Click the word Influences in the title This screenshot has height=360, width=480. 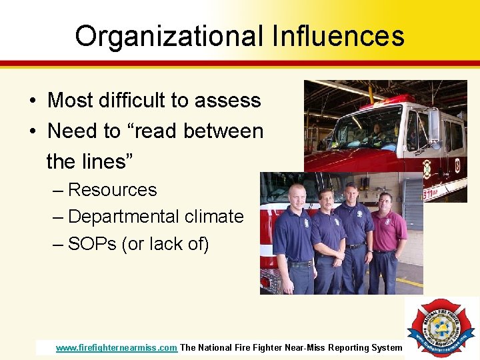coord(338,36)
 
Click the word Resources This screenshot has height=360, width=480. coord(113,190)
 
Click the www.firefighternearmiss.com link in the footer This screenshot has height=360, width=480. coord(117,347)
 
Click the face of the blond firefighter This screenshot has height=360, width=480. coord(296,195)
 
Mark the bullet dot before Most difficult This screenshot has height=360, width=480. coord(32,101)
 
